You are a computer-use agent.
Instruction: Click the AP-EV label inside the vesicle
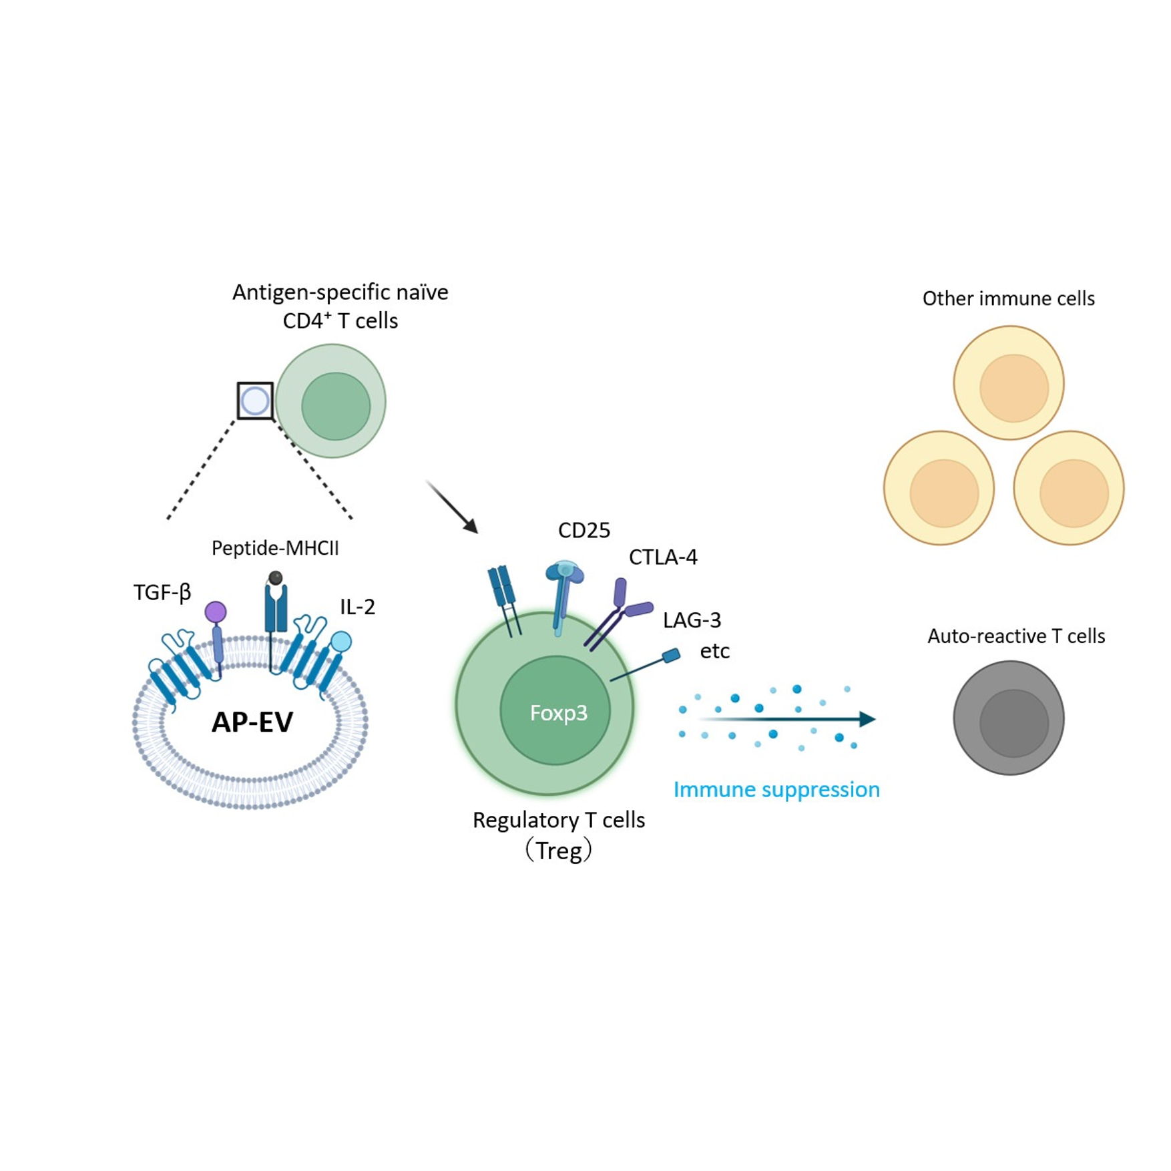click(x=252, y=722)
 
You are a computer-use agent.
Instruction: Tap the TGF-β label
click(x=162, y=592)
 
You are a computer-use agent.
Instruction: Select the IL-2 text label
click(x=357, y=607)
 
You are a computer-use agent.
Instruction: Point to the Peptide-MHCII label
click(x=275, y=548)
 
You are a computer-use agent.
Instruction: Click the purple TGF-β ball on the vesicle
click(x=216, y=612)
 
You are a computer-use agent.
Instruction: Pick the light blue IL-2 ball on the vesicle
click(x=341, y=642)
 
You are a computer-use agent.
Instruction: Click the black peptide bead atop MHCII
click(x=275, y=578)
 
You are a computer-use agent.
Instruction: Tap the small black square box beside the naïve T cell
click(x=255, y=401)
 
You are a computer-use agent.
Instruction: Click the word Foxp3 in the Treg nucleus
click(x=558, y=713)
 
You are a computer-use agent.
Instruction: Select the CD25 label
click(x=584, y=530)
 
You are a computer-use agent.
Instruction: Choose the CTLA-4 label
click(x=663, y=557)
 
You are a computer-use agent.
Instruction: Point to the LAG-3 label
click(x=692, y=620)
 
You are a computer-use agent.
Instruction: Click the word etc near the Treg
click(x=714, y=651)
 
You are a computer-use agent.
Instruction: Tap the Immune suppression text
click(x=776, y=790)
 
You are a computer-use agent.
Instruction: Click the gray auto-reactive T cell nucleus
click(x=1013, y=723)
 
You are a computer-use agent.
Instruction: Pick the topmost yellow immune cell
click(x=1008, y=383)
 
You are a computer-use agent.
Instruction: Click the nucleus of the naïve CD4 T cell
click(x=336, y=406)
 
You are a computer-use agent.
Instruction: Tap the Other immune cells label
click(x=1008, y=298)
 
